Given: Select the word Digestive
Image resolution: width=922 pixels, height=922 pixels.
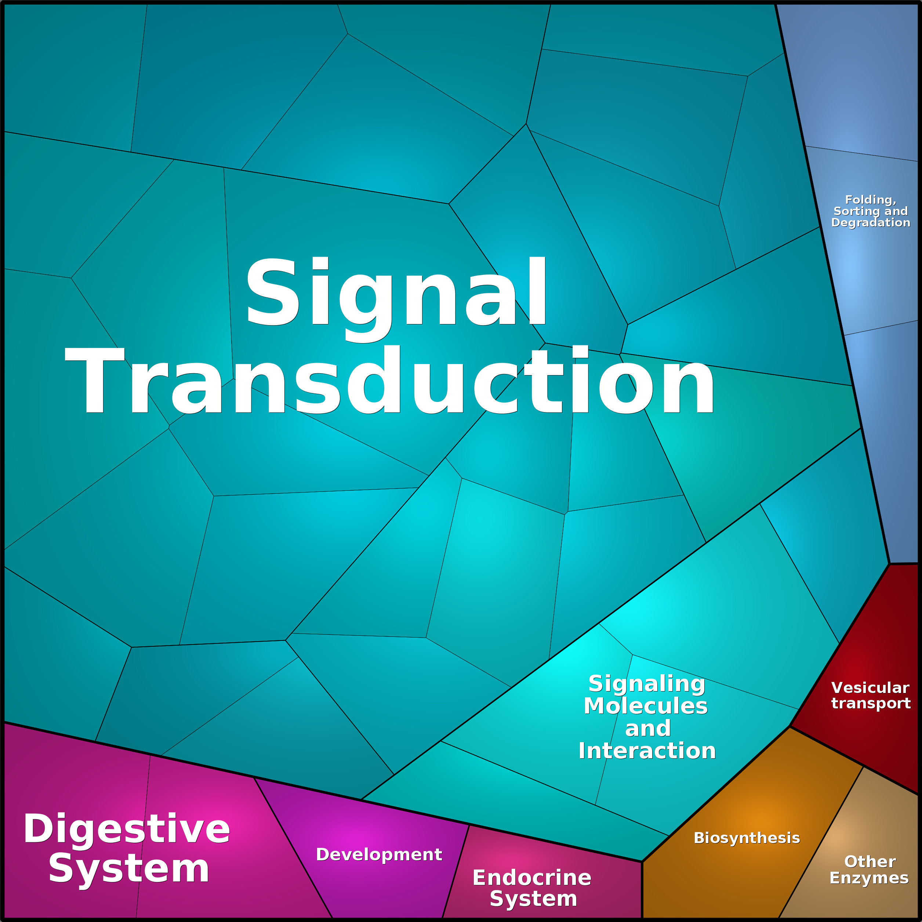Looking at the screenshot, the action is coord(127,828).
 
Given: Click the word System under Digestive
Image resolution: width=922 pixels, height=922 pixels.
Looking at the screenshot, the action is coord(129,868).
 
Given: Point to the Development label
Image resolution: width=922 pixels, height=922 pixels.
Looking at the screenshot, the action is coord(379,854).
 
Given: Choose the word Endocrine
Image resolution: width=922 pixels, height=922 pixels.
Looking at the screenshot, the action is coord(532,878).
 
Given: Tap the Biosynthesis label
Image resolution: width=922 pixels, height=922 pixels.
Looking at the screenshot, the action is coord(747,838).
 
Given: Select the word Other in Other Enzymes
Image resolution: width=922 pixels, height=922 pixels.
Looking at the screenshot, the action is coord(870,861).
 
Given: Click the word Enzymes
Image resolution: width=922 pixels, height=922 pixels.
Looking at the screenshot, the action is coord(870,878).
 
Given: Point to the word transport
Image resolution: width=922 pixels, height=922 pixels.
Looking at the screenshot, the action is coord(871,703).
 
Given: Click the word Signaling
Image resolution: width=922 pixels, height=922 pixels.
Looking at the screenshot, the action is coord(647,684).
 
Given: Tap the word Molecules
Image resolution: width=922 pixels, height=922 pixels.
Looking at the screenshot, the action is coord(646,705).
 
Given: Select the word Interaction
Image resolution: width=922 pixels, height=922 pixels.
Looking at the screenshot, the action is coord(647,750).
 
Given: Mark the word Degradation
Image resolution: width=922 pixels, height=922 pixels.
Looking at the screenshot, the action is coord(871,222).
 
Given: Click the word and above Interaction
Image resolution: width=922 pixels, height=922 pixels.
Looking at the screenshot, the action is coord(647,729).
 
